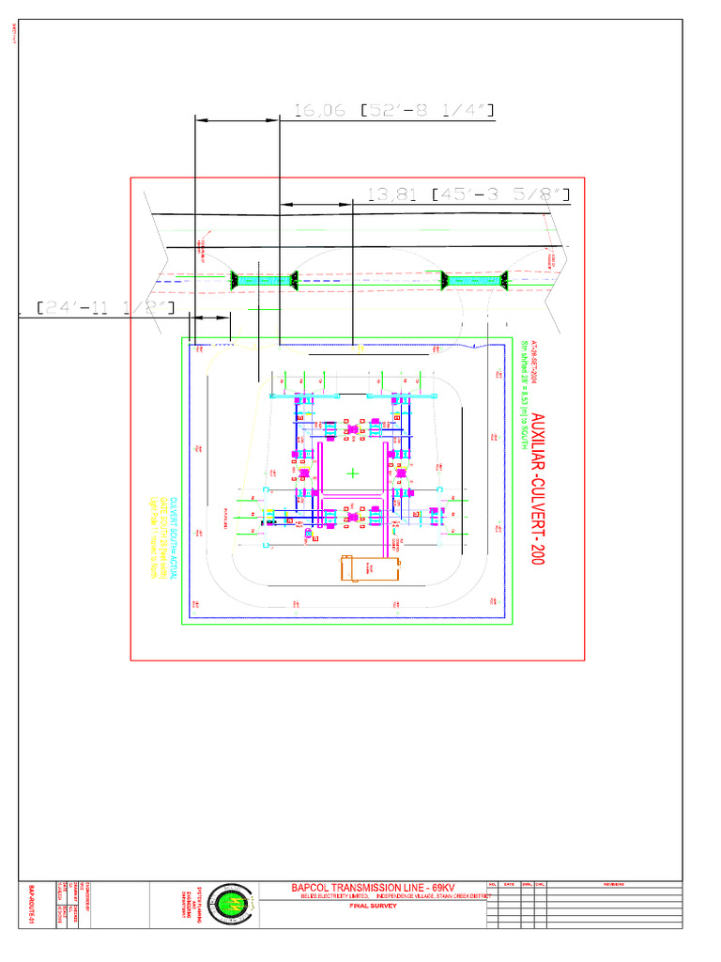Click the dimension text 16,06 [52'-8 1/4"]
[393, 111]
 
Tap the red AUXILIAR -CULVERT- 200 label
[538, 489]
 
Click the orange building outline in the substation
[369, 568]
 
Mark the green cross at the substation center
[353, 473]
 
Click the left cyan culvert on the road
[264, 279]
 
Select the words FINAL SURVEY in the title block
[374, 908]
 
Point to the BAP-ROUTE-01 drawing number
[30, 904]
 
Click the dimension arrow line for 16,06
[237, 119]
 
